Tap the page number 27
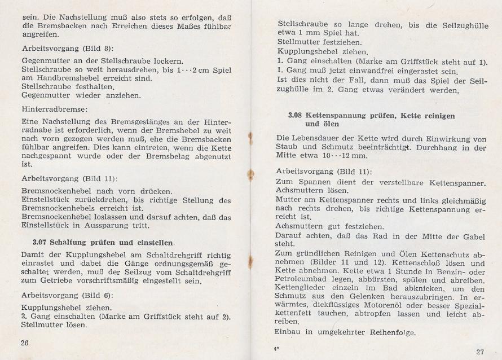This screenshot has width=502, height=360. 479,352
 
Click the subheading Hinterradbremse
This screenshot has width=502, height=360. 55,111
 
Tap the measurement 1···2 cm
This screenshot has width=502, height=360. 191,70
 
